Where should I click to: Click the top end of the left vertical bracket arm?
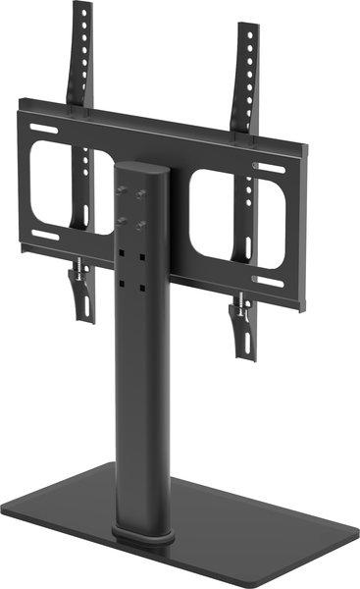[x=82, y=9]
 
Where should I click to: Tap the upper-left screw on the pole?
[x=122, y=189]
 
